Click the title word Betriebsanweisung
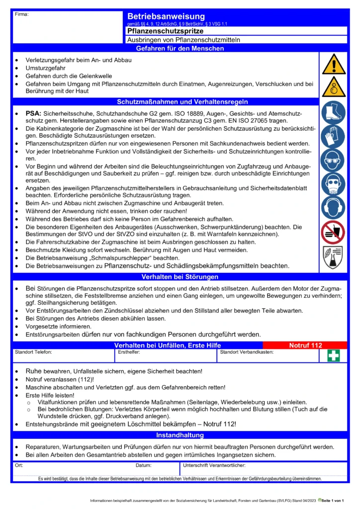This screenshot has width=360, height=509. pyautogui.click(x=166, y=17)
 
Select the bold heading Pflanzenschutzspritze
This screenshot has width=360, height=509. pyautogui.click(x=162, y=31)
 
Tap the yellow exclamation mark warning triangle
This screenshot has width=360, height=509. pyautogui.click(x=333, y=64)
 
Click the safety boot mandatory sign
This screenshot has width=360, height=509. pyautogui.click(x=333, y=113)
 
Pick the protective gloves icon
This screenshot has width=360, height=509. pyautogui.click(x=333, y=136)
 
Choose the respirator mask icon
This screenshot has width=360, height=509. pyautogui.click(x=333, y=184)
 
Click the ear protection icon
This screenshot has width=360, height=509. pyautogui.click(x=333, y=208)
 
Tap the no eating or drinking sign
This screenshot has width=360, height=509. pyautogui.click(x=333, y=232)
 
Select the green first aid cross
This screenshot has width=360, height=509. pyautogui.click(x=333, y=356)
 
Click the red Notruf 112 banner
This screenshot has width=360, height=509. pyautogui.click(x=305, y=345)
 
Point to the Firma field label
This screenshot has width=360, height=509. pyautogui.click(x=22, y=14)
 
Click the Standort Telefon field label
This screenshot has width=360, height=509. pyautogui.click(x=33, y=352)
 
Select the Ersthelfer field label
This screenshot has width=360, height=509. pyautogui.click(x=129, y=352)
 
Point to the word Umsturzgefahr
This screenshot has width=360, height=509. pyautogui.click(x=46, y=68)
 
